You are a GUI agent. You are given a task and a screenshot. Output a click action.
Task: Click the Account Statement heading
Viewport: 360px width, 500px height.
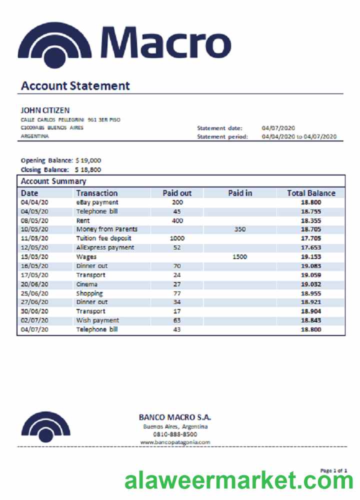pos(75,86)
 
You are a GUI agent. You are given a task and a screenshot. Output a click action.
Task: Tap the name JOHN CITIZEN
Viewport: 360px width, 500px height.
pos(45,110)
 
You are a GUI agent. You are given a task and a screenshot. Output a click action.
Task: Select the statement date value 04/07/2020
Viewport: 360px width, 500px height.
pos(278,128)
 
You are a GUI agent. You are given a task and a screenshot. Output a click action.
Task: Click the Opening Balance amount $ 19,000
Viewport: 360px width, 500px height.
pos(88,160)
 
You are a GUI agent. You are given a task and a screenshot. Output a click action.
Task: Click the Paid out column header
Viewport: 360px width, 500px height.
pos(177,193)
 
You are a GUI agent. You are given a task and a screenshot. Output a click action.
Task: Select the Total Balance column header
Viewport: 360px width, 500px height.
pos(311,193)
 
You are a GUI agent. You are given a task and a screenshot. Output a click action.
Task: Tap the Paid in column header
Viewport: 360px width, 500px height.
pos(240,193)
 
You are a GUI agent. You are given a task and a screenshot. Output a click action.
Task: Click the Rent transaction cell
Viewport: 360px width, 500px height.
pos(83,220)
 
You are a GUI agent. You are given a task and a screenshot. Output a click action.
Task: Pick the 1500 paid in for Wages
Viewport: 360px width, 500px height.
pos(240,256)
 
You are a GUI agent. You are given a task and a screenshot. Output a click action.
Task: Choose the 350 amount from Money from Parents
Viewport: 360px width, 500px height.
pos(240,229)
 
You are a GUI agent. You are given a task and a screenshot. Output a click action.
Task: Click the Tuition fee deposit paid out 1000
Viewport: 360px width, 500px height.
pos(177,238)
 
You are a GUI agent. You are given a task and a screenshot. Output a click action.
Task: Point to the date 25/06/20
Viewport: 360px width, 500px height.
pos(34,293)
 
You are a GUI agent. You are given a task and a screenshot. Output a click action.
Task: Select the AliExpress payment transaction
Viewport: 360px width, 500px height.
pos(105,247)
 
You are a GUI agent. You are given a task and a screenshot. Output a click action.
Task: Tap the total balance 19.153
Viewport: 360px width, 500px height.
pos(311,256)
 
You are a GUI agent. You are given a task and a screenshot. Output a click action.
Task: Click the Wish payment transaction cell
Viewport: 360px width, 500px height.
pos(97,320)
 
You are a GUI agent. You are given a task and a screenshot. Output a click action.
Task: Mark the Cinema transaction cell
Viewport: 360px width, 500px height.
pos(87,284)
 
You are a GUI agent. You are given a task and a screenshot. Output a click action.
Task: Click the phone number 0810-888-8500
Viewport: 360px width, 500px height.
pos(175,434)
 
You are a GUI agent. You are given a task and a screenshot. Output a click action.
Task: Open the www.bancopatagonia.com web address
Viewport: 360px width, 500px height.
pos(175,442)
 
